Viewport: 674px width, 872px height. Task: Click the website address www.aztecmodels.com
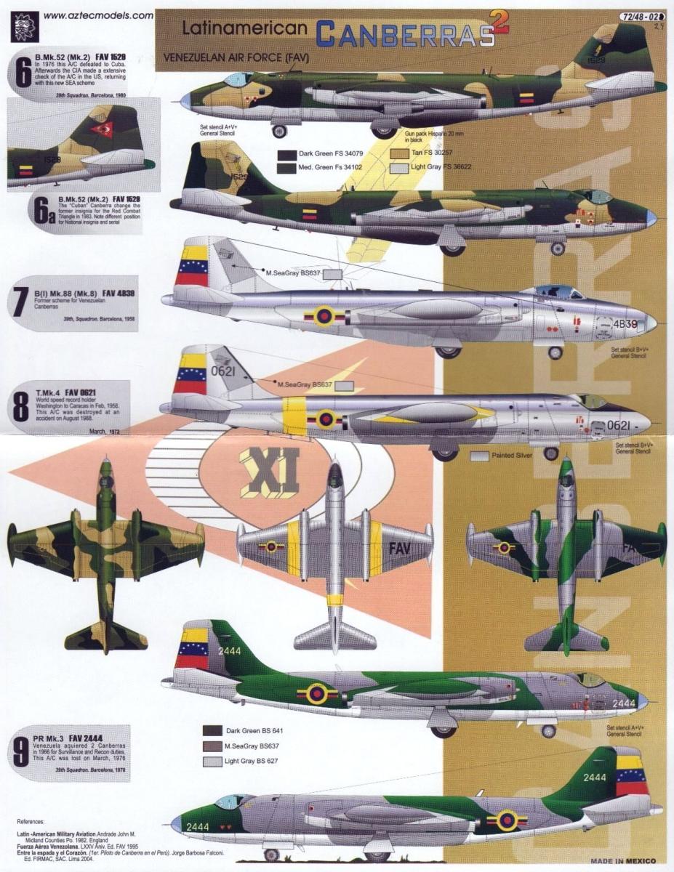[97, 15]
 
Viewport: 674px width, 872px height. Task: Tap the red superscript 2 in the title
[498, 24]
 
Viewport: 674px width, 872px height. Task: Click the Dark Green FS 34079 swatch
[287, 153]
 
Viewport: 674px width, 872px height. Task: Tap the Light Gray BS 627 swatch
[213, 762]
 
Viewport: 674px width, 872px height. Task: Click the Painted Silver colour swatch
[479, 456]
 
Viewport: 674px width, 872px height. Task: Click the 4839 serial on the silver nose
[625, 323]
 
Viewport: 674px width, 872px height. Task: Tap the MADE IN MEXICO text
[622, 862]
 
